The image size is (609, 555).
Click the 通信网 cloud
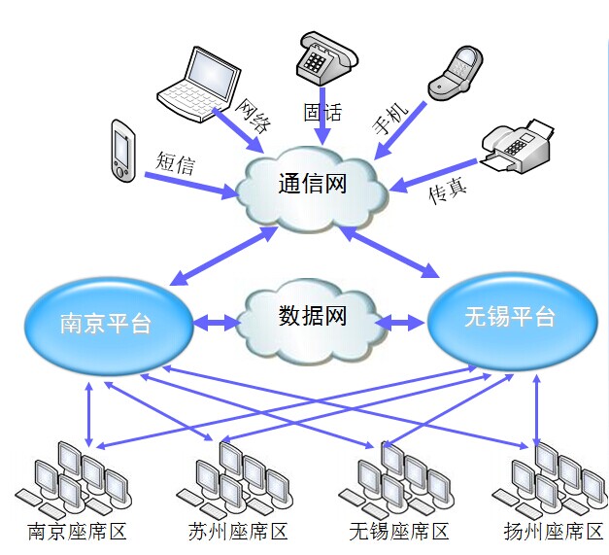pyautogui.click(x=313, y=186)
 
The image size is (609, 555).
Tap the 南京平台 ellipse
pyautogui.click(x=106, y=322)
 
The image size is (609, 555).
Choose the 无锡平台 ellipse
pyautogui.click(x=509, y=316)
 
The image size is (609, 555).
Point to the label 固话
pyautogui.click(x=322, y=111)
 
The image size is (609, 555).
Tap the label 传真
pyautogui.click(x=448, y=189)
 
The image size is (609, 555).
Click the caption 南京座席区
pyautogui.click(x=78, y=532)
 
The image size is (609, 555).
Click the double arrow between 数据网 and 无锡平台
pyautogui.click(x=399, y=320)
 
